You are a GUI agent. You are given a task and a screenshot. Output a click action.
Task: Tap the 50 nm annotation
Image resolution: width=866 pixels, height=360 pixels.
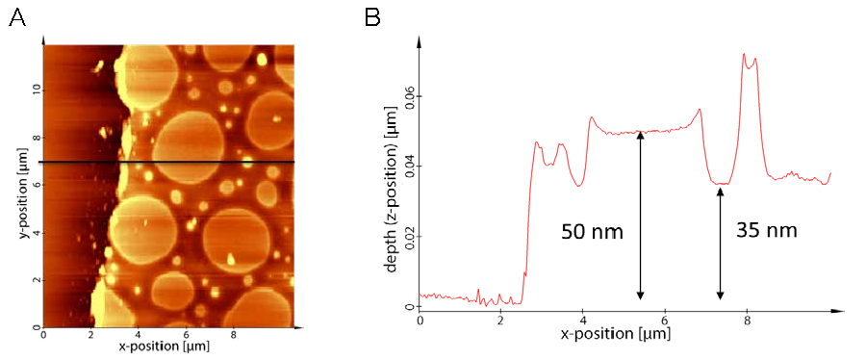click(592, 232)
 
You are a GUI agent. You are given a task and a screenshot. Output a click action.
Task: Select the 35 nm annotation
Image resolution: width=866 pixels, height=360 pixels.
click(767, 230)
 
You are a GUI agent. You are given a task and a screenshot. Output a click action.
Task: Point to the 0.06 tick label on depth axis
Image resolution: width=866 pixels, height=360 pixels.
click(409, 96)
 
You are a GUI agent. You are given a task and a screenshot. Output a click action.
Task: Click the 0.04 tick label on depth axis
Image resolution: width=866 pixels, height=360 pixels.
click(409, 167)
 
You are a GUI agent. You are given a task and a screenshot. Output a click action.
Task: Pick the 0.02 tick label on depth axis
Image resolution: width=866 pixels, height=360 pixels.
click(409, 237)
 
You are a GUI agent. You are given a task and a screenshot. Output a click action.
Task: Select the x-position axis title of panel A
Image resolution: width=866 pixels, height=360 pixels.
click(164, 347)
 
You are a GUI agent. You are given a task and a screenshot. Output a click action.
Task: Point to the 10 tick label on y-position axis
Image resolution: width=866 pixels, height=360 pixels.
click(35, 90)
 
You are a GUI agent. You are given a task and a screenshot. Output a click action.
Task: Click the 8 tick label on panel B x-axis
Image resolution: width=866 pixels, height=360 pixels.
click(748, 321)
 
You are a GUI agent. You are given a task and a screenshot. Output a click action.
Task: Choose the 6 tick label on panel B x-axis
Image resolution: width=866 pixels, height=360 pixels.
click(666, 321)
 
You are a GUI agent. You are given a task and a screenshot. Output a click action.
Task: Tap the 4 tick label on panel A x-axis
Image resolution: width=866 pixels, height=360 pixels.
click(138, 335)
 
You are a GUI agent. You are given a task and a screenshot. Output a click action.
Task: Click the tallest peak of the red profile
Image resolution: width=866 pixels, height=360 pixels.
click(744, 54)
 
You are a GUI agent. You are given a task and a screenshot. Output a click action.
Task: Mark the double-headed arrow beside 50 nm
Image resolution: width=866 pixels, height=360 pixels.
click(640, 216)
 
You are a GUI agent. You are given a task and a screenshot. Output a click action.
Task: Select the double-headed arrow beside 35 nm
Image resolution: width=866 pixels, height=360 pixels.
click(720, 244)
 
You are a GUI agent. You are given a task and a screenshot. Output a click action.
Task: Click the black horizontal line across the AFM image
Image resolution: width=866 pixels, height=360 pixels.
click(166, 162)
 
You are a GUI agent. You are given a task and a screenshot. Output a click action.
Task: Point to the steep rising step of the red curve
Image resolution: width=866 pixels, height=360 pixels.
click(529, 220)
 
